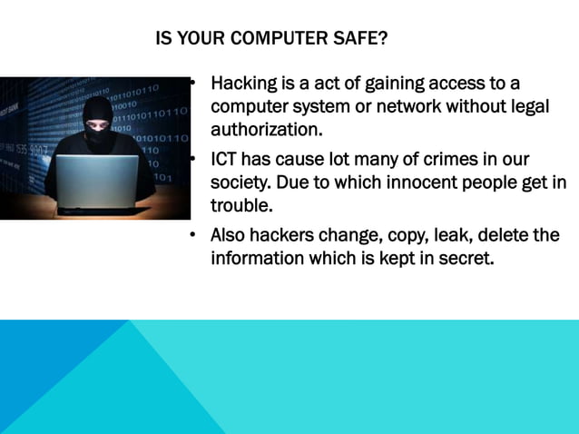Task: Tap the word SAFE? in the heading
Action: [x=361, y=39]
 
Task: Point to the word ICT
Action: [x=226, y=160]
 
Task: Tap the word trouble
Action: [x=241, y=204]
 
